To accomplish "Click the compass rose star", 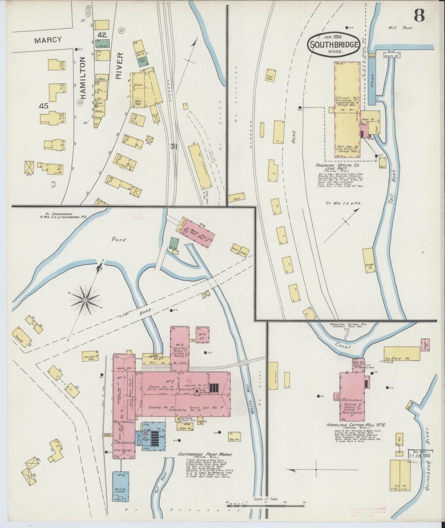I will tap(85, 300).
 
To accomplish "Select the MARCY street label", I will tap(48, 40).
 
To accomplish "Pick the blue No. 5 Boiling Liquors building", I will tap(121, 487).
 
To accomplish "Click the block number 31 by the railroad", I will tap(174, 147).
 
